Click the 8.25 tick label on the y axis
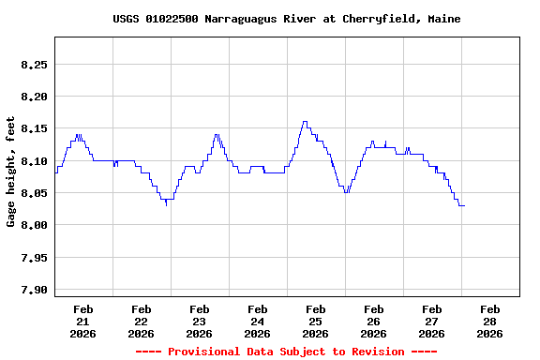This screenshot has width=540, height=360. point(33,65)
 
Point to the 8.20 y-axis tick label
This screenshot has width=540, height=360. point(33,97)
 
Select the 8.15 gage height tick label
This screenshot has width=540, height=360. point(33,129)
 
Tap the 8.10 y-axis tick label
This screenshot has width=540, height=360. point(33,161)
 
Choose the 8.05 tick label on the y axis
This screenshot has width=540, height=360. point(33,193)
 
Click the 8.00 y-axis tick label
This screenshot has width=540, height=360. point(33,225)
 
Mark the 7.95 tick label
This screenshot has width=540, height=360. point(33,258)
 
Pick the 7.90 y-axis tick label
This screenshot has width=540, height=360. point(33,290)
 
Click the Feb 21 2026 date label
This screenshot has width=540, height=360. point(82,321)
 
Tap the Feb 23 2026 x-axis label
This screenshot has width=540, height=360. point(199,321)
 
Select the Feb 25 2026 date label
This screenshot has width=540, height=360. point(315,321)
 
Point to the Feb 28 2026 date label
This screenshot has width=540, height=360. point(489,321)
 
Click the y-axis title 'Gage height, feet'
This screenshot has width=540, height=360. point(11,171)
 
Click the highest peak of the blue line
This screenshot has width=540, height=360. point(305,122)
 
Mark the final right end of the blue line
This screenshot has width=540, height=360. point(464,205)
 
